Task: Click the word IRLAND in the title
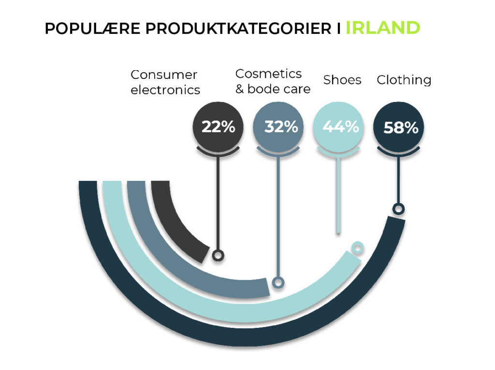382,28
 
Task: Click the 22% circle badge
218,127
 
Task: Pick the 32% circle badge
278,127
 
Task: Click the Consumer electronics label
165,82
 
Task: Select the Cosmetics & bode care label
272,81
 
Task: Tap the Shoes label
342,80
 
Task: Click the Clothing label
404,80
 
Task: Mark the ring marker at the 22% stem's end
218,255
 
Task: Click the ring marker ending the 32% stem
278,282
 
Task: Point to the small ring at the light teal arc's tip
357,248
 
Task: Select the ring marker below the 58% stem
398,209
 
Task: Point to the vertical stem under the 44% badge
338,193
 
